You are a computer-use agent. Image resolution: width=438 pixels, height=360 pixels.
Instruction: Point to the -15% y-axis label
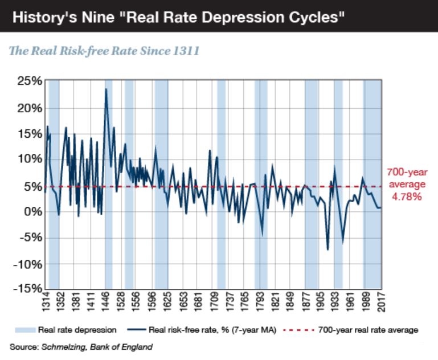coord(26,289)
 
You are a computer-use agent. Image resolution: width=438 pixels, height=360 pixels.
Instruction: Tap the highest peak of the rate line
coord(106,89)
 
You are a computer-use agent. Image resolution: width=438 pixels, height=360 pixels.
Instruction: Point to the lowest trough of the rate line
coord(328,249)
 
